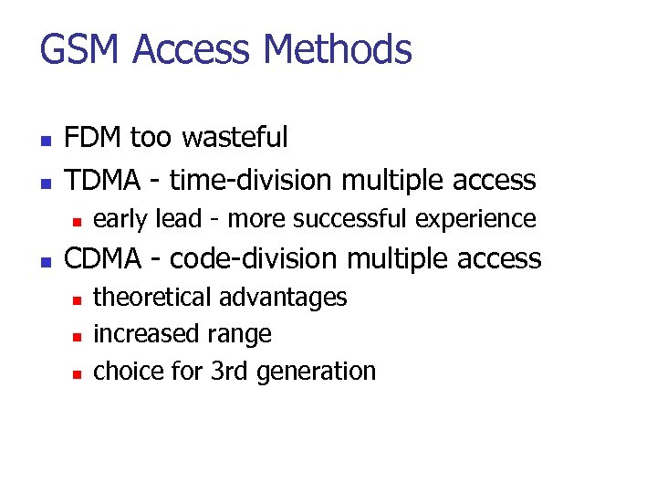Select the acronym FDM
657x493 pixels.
[x=94, y=138]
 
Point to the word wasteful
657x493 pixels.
[x=235, y=138]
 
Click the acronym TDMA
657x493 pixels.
[x=102, y=180]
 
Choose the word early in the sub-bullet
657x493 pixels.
[x=120, y=219]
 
